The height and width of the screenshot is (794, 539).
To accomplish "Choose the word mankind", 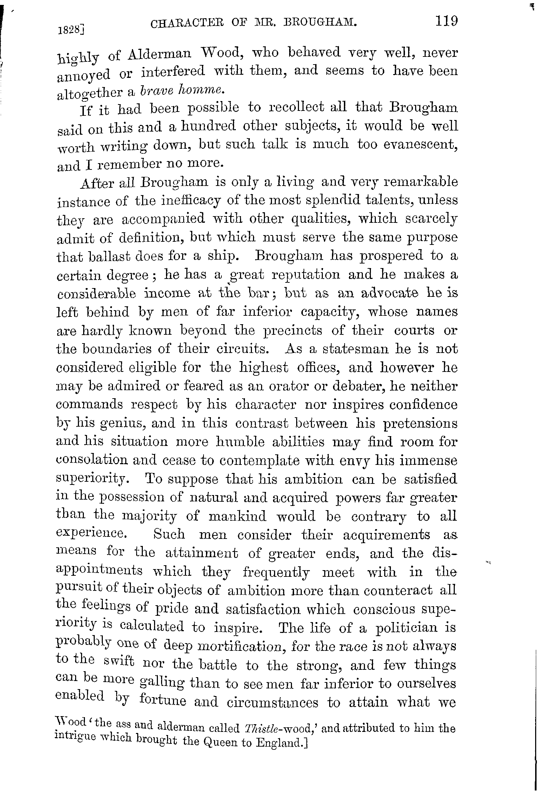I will (x=237, y=516).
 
